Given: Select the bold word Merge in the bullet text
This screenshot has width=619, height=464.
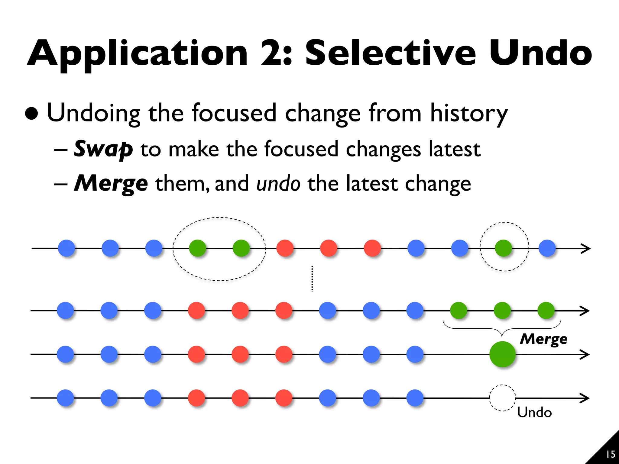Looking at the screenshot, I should click(x=111, y=183).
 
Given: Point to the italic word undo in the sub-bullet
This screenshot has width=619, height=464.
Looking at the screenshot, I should click(x=278, y=183).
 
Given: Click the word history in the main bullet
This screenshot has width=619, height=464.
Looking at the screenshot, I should click(x=469, y=113).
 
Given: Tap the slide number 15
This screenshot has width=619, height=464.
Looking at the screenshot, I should click(x=611, y=454).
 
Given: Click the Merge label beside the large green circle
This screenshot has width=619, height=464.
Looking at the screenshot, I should click(x=543, y=339).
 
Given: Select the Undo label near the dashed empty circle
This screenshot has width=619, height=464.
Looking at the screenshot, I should click(x=534, y=412).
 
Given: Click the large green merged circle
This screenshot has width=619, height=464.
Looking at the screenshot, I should click(x=502, y=354).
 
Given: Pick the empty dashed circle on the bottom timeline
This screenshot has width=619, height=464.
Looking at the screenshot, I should click(x=502, y=398).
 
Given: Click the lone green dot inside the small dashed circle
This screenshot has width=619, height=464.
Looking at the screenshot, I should click(x=504, y=248).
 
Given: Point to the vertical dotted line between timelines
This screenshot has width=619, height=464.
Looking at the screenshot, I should click(x=312, y=279).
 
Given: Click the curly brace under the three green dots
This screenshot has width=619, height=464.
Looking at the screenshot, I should click(x=502, y=329).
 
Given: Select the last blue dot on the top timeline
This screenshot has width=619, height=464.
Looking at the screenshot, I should click(x=547, y=248).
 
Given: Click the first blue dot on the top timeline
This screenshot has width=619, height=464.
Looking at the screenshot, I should click(x=66, y=248).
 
